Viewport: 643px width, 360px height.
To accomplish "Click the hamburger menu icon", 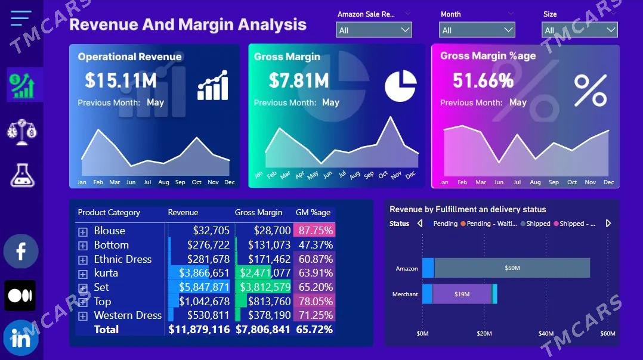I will point(21,18).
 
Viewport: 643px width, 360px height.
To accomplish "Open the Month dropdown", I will point(477,30).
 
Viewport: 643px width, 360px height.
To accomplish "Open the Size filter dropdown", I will point(579,30).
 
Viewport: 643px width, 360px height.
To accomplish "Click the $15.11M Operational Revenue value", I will point(120,80).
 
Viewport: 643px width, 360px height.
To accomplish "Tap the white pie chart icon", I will point(400,86).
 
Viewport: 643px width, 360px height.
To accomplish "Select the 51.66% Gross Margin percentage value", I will point(483,80).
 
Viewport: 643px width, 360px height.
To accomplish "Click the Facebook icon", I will point(21,251).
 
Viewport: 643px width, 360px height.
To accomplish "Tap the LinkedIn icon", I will point(21,339).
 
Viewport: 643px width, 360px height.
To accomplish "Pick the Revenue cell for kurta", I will point(199,273).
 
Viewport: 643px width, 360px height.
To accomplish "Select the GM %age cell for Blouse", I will point(316,231).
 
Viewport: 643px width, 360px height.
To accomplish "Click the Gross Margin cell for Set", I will point(264,287).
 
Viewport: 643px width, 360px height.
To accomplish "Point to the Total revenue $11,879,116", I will point(199,330).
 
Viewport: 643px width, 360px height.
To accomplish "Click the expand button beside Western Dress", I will point(83,316).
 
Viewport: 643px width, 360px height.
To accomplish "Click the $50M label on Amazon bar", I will point(512,268).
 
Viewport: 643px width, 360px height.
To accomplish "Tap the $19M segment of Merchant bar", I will point(462,294).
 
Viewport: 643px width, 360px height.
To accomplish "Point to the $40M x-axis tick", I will point(546,334).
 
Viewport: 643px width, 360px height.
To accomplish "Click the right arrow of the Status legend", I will point(608,224).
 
